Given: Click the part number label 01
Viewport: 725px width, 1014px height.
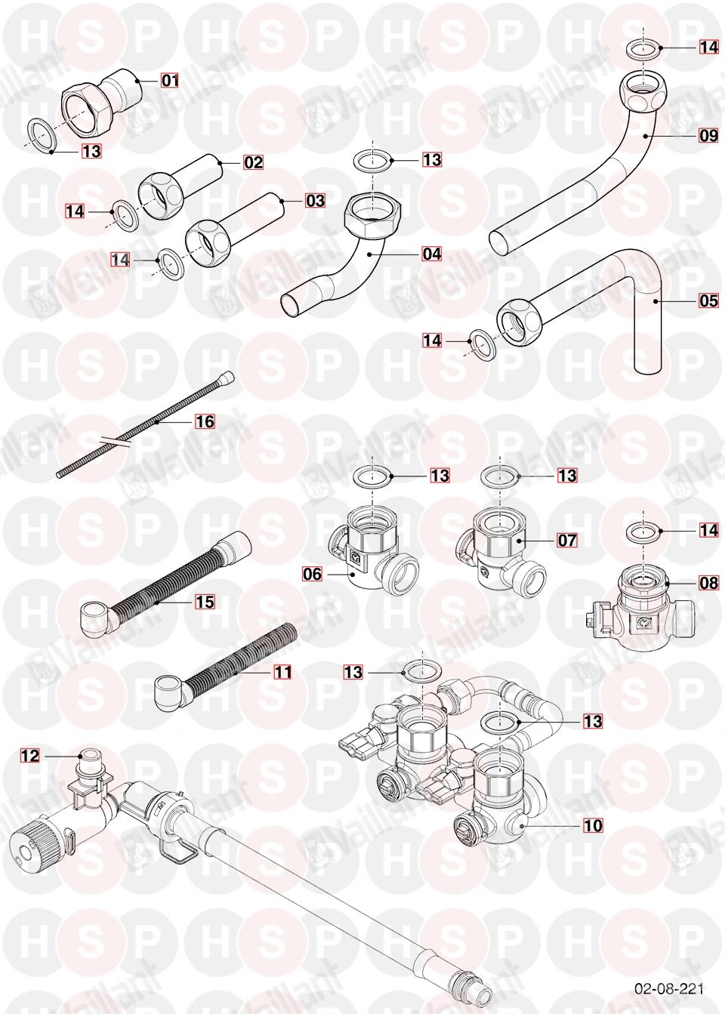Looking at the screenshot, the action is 170,81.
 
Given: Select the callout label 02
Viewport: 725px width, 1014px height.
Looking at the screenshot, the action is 253,162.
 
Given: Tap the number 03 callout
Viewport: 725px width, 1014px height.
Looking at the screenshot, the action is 315,200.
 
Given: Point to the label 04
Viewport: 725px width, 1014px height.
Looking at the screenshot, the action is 431,254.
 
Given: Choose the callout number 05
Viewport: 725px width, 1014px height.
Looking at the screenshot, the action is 708,301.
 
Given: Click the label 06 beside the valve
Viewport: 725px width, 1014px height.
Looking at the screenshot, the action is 313,574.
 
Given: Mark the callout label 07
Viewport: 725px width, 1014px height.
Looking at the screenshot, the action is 567,540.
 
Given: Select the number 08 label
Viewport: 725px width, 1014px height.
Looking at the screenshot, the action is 708,583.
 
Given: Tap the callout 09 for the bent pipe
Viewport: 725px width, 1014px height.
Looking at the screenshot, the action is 708,135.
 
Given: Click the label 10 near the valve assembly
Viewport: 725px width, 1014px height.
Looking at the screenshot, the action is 594,826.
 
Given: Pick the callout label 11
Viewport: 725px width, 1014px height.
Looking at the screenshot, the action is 282,672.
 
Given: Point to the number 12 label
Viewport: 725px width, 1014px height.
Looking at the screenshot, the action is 30,756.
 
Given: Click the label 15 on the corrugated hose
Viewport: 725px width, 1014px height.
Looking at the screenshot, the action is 205,602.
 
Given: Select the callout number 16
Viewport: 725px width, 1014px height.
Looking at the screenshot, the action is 205,421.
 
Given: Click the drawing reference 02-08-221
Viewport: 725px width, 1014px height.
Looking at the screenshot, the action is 669,988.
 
